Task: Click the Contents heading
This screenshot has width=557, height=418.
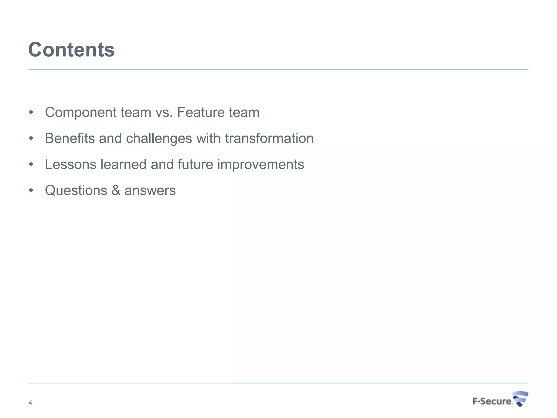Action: tap(72, 50)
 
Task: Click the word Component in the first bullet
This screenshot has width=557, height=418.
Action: tap(81, 112)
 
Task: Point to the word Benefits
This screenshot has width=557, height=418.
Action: tap(70, 138)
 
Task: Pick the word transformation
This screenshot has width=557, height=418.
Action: tap(269, 138)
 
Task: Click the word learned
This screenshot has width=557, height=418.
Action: tap(123, 164)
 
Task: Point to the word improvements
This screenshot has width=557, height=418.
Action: tap(261, 164)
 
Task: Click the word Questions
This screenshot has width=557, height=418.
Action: tap(76, 190)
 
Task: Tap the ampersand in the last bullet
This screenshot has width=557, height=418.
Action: tap(116, 190)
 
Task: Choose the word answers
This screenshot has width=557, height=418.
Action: tap(150, 190)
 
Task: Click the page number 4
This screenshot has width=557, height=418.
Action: tap(30, 403)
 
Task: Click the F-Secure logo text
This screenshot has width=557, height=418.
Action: tap(492, 401)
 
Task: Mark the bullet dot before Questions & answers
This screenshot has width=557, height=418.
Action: tap(31, 190)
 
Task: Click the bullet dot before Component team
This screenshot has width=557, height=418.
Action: tap(31, 112)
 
